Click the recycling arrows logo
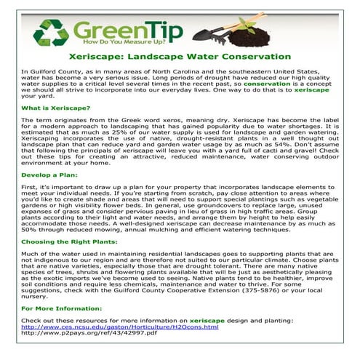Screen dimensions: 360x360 point(51,33)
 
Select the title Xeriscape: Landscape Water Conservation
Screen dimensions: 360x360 point(180,57)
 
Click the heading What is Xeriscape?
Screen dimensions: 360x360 point(56,108)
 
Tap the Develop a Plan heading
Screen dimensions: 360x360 point(50,176)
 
